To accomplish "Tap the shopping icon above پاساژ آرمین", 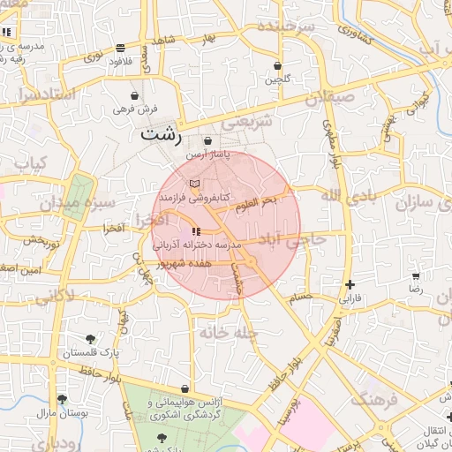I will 207,140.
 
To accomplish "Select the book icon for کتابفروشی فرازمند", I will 194,183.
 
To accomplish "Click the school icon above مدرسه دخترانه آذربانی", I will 195,231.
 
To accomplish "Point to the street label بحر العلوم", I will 256,204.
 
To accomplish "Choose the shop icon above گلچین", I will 278,65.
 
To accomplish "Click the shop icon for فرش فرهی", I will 134,95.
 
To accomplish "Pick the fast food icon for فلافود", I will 120,48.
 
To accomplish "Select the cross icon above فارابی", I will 351,284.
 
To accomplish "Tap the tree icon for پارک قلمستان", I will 90,338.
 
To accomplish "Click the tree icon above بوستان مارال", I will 61,399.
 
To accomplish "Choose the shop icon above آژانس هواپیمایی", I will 184,388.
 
